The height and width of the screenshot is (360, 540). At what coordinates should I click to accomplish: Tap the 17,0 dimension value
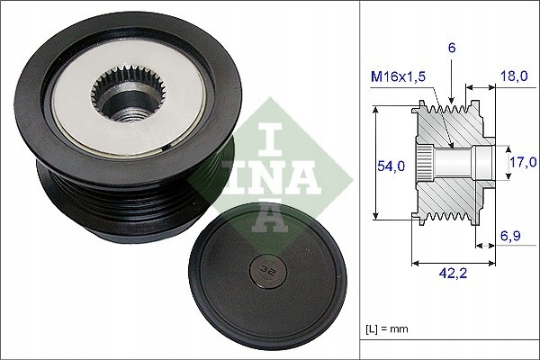pos(523,162)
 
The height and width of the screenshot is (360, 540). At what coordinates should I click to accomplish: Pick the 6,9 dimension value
pos(510,236)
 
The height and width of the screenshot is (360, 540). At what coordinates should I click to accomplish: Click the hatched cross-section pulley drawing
pos(450,162)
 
